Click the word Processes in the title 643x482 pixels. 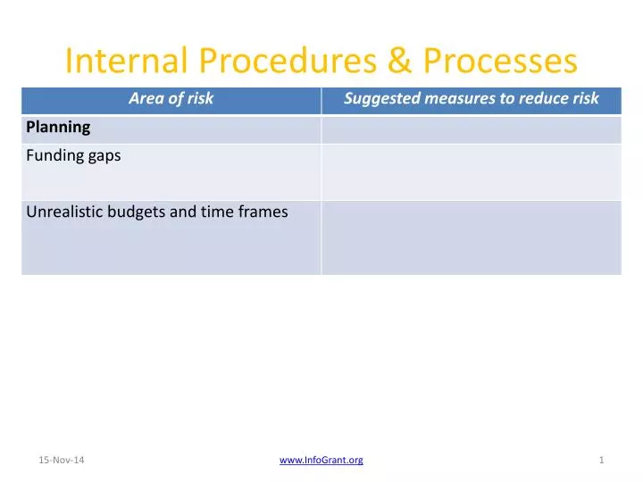[x=500, y=61]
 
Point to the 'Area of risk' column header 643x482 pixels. [x=171, y=99]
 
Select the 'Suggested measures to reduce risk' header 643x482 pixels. [x=471, y=99]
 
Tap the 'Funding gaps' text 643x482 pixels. [x=73, y=155]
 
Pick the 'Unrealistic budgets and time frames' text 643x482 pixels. [x=157, y=212]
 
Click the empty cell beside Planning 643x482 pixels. [x=471, y=129]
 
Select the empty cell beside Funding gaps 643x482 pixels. [x=471, y=171]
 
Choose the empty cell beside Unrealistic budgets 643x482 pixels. [x=471, y=237]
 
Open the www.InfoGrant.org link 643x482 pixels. [x=321, y=460]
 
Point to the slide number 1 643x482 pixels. [x=602, y=460]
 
